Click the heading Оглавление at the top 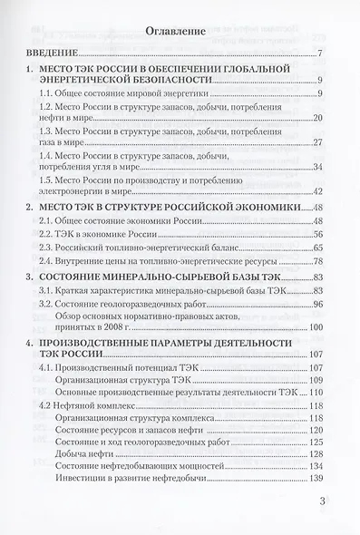(180, 31)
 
